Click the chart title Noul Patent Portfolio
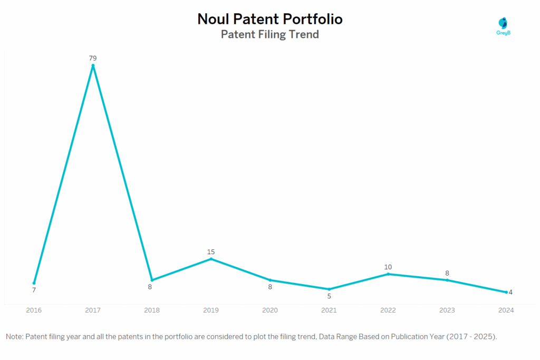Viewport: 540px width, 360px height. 269,19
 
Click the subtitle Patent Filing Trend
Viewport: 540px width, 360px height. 269,35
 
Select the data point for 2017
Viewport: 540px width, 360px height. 93,65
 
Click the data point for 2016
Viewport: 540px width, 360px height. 34,283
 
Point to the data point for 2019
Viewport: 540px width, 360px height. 211,259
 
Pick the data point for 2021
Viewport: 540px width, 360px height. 329,289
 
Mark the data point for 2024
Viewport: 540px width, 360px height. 506,292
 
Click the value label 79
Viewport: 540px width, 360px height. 93,58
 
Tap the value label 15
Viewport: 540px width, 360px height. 211,251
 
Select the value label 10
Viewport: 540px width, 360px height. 388,267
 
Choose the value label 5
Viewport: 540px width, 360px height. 329,296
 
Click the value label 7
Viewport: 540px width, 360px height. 34,290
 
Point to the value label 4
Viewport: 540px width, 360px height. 510,292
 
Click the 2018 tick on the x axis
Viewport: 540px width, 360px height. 152,310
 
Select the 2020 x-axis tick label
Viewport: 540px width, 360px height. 270,310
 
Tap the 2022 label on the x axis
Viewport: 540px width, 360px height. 388,310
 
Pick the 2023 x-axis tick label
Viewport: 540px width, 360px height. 447,310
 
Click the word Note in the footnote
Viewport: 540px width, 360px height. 14,336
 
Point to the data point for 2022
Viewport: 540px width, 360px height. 388,274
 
